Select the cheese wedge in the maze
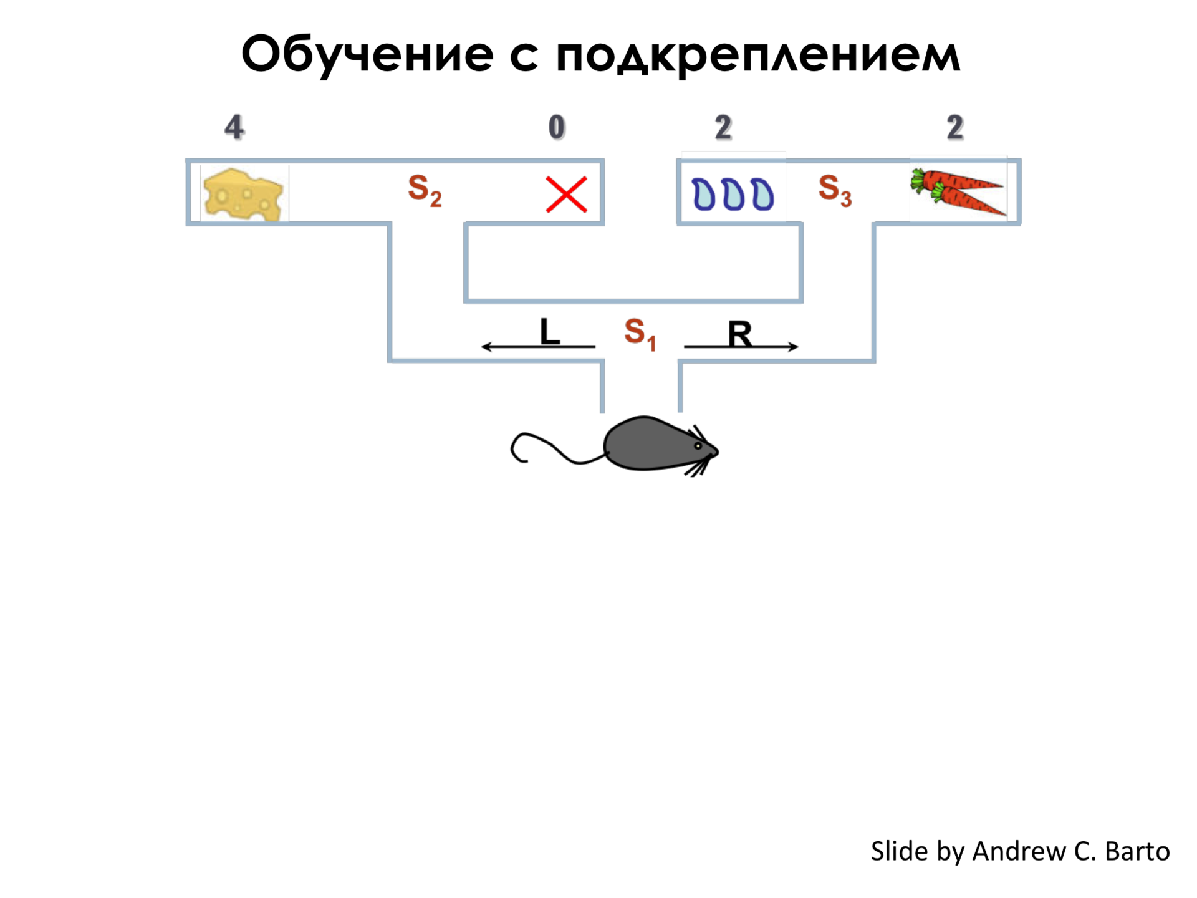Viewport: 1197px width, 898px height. point(243,195)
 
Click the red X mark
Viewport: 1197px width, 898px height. point(566,195)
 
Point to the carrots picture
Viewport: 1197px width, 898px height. point(958,191)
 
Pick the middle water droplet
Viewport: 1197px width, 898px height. point(733,195)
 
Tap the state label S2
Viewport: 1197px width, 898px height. point(425,190)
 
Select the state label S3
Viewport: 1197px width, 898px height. point(834,190)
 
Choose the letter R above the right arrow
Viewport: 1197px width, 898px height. point(739,334)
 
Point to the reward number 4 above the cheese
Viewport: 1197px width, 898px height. point(234,127)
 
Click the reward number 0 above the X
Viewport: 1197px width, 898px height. point(557,127)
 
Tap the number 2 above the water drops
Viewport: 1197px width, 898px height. point(723,128)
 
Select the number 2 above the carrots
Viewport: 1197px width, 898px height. point(954,128)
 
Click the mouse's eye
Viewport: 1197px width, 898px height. point(698,446)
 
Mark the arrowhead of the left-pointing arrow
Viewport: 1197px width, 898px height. point(486,347)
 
